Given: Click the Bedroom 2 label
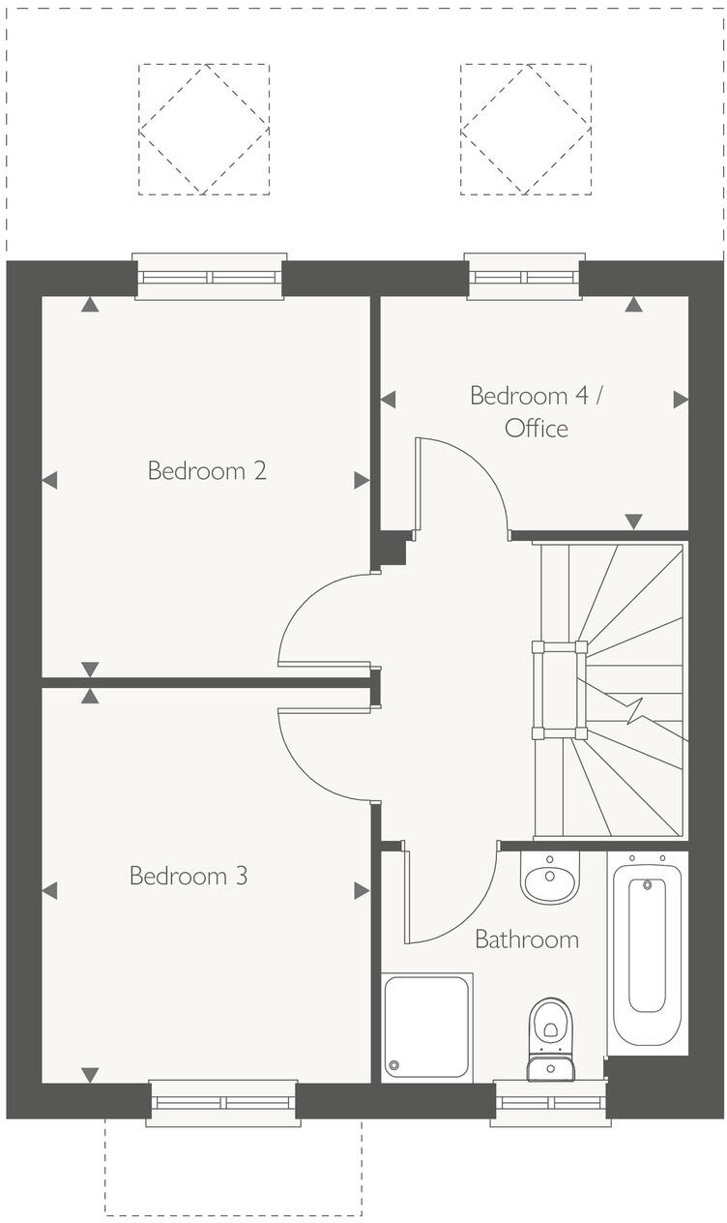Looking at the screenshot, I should pos(207,471).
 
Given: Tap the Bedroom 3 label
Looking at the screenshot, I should pos(189,876).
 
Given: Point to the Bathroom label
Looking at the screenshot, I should pos(527,939).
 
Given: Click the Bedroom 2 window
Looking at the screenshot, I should pos(210,277).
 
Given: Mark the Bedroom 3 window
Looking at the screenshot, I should pos(223,1103).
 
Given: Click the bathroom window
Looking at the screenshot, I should pos(550,1103).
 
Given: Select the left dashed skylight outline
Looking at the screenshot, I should pos(204,130).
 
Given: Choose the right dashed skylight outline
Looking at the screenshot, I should pos(526,130).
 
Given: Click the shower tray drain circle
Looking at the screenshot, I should pos(393,1066).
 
